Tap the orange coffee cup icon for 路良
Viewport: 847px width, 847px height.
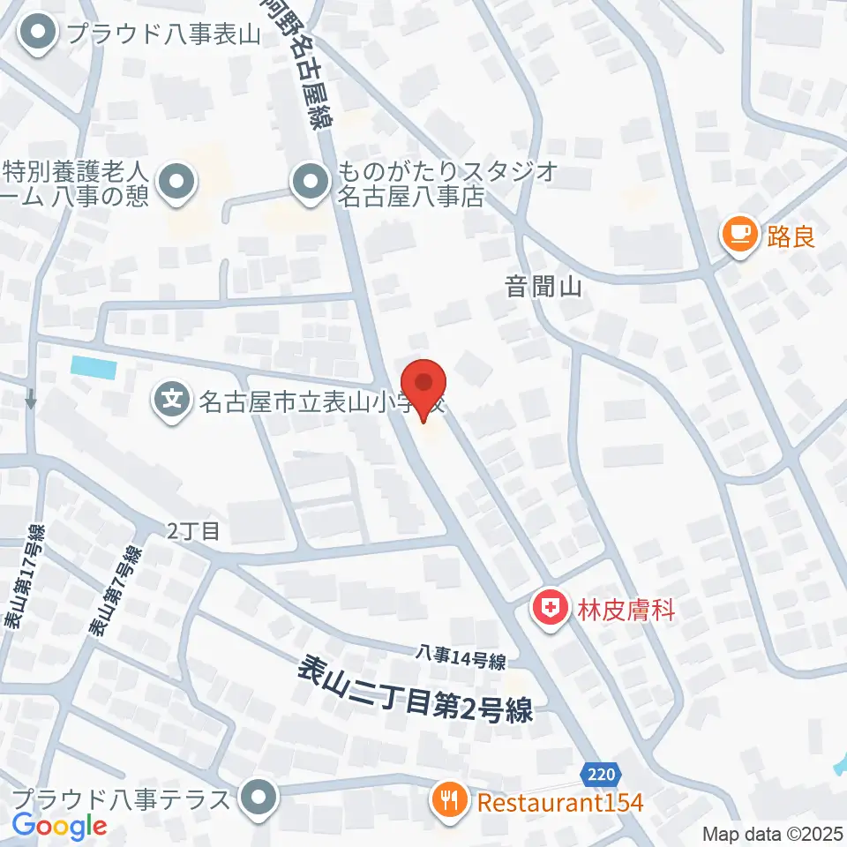740,235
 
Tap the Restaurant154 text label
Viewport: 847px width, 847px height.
561,802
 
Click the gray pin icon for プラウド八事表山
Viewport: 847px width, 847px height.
39,35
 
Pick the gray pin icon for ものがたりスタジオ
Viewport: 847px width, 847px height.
310,184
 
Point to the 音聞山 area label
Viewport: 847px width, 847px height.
543,286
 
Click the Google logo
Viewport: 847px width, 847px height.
59,826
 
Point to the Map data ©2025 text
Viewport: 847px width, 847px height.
771,833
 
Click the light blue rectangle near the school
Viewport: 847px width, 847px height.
94,365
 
